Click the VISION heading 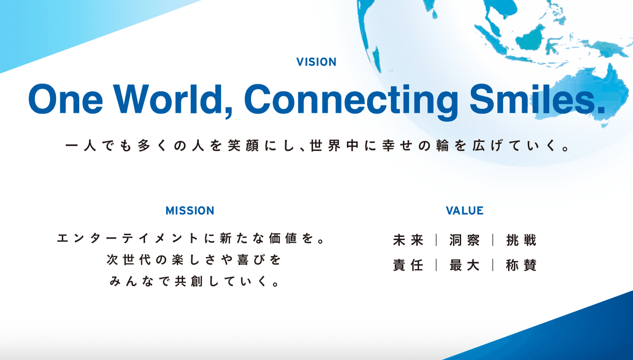coord(316,62)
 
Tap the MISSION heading coord(190,211)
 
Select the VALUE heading coord(465,211)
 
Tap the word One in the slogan coord(65,99)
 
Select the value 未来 coord(408,240)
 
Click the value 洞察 coord(465,240)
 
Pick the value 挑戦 coord(521,240)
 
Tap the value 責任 coord(408,265)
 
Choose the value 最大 coord(465,265)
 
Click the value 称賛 coord(521,265)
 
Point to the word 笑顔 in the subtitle coord(243,146)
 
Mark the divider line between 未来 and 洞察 coord(437,240)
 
